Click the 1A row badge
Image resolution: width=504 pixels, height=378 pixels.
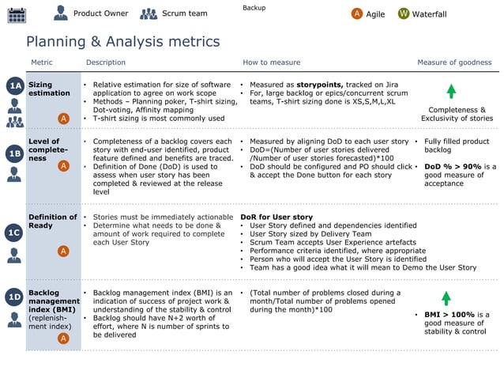[x=14, y=85]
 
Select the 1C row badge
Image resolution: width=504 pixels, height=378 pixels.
[x=14, y=232]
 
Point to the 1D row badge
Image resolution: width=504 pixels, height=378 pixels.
[x=14, y=297]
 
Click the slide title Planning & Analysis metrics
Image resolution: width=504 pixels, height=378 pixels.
[x=123, y=42]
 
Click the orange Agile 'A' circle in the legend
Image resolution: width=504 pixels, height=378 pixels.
[x=357, y=13]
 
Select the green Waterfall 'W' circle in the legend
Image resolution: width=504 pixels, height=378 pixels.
[x=404, y=13]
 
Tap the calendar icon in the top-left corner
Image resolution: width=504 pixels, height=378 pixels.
[x=16, y=14]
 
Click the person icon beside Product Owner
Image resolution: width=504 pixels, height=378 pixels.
[x=61, y=13]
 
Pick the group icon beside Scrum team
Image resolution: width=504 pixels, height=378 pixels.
[x=149, y=13]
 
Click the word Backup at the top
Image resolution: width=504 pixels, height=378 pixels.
[x=254, y=8]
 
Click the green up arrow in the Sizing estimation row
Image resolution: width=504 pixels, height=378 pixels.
[x=451, y=91]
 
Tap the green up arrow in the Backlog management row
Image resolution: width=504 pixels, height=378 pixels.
[x=446, y=298]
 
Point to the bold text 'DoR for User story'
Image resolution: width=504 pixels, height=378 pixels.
[x=276, y=217]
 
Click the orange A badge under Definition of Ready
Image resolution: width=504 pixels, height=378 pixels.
[x=63, y=251]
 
